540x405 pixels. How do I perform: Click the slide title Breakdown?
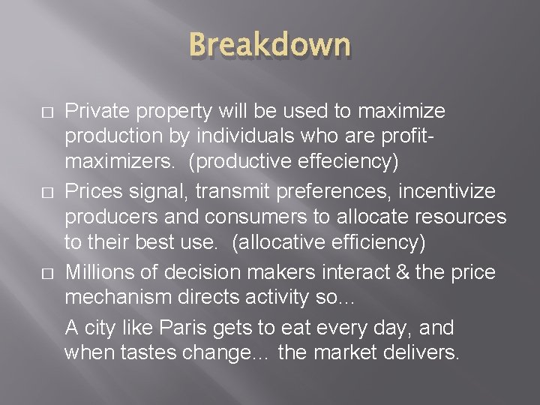(x=269, y=44)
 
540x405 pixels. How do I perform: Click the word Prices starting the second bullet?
(x=92, y=193)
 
